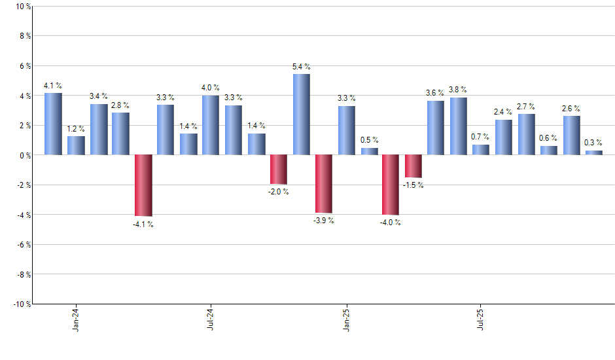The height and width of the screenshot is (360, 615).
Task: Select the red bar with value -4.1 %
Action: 143,185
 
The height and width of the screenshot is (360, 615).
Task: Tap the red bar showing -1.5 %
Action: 413,166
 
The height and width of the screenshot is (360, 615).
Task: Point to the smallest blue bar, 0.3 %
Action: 594,153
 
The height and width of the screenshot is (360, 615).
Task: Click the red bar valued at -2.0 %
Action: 279,170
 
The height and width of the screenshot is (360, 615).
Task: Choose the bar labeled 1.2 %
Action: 76,145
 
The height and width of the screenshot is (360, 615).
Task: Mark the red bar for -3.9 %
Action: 324,184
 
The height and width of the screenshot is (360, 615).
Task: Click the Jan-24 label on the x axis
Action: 77,319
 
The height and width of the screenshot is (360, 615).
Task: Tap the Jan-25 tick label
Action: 347,319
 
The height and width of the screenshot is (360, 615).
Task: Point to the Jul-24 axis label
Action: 211,319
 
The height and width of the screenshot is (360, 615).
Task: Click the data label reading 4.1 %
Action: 53,85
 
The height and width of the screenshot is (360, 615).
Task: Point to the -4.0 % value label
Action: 391,223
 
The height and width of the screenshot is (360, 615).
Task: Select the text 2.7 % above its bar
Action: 526,106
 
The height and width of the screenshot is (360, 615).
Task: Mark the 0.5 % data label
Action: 370,140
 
